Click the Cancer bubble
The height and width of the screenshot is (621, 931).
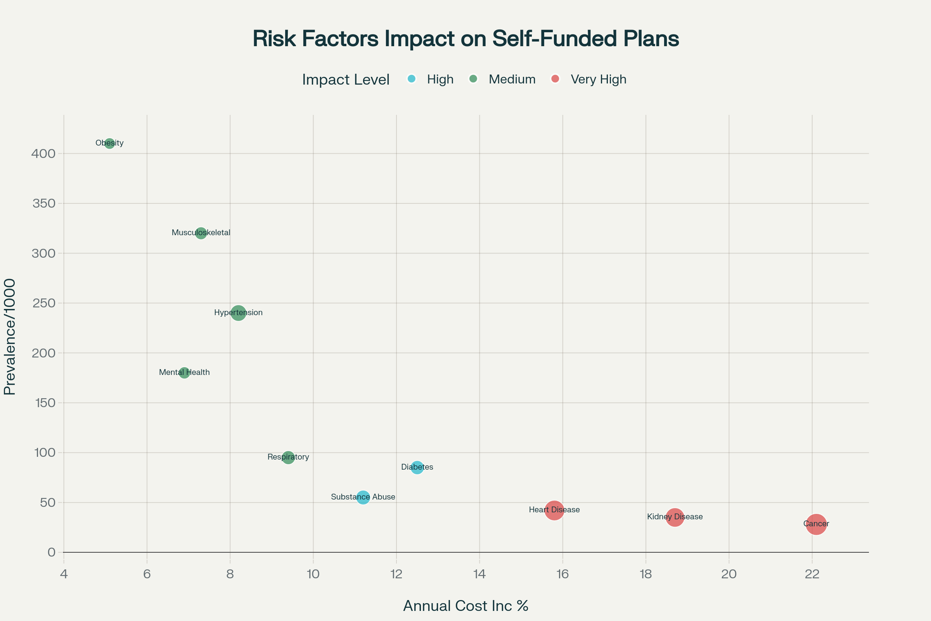816,524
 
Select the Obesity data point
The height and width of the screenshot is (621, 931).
110,143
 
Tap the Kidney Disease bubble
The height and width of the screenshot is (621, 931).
675,517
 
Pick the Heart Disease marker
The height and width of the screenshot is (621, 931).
554,510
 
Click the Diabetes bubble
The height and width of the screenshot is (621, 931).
417,467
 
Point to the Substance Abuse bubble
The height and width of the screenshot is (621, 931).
363,497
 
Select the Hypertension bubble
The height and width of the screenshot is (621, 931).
238,313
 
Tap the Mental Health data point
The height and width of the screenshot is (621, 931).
184,373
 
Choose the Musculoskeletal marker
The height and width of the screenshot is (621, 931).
201,233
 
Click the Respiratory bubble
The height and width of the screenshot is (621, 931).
288,458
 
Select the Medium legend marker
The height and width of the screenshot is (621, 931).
473,79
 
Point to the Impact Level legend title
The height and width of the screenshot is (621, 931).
346,80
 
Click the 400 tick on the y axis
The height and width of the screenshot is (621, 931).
43,153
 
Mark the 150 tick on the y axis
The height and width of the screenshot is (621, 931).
45,403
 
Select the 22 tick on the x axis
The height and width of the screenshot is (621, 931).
812,574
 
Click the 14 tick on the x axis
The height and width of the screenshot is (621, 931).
479,574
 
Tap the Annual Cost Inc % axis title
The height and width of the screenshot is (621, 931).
465,606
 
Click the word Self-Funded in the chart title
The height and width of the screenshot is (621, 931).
554,39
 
